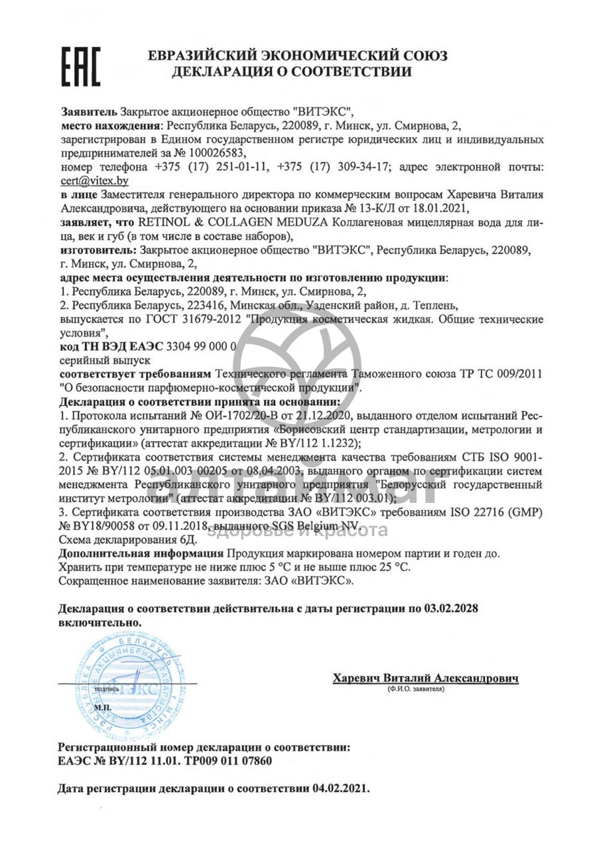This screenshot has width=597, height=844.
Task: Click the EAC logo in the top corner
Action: [x=82, y=66]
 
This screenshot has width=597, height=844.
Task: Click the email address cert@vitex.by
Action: [x=94, y=180]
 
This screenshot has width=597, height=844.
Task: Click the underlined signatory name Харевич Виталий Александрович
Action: [x=425, y=678]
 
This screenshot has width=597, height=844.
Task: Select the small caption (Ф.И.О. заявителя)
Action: [x=416, y=690]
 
